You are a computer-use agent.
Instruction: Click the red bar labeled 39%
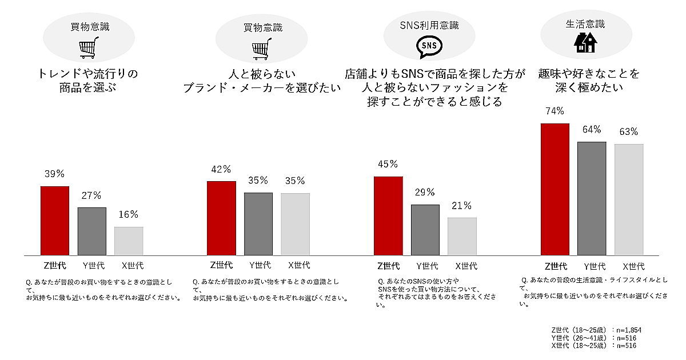coord(54,221)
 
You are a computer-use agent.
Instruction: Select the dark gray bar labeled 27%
coord(91,231)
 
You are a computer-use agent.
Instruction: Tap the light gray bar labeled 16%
coord(129,241)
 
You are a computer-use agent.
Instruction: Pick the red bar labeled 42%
coord(221,218)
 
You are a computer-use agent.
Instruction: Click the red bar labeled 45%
coord(388,215)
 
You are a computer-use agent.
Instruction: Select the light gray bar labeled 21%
coord(462,236)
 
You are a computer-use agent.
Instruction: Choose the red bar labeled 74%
coord(555,189)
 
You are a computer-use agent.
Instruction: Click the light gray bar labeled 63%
coord(629,199)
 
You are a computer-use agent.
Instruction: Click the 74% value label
coord(555,111)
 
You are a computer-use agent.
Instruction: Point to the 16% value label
coord(129,215)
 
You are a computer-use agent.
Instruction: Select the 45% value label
coord(388,165)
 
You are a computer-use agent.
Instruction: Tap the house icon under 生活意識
coord(585,42)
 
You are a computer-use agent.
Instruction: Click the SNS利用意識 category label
coord(429,25)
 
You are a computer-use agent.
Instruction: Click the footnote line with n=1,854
coord(594,330)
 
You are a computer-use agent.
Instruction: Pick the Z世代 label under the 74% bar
coord(555,266)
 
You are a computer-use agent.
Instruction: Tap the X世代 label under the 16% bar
coord(129,265)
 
